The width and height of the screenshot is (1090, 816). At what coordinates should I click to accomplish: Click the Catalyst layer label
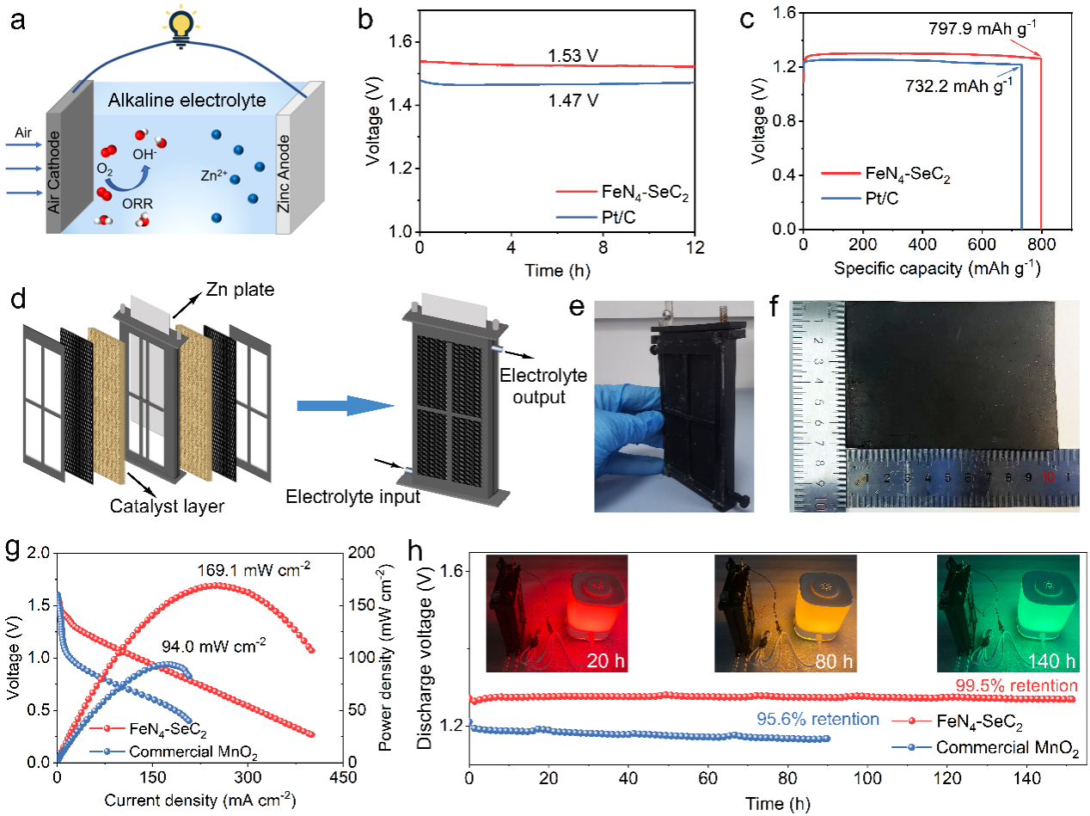click(167, 506)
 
